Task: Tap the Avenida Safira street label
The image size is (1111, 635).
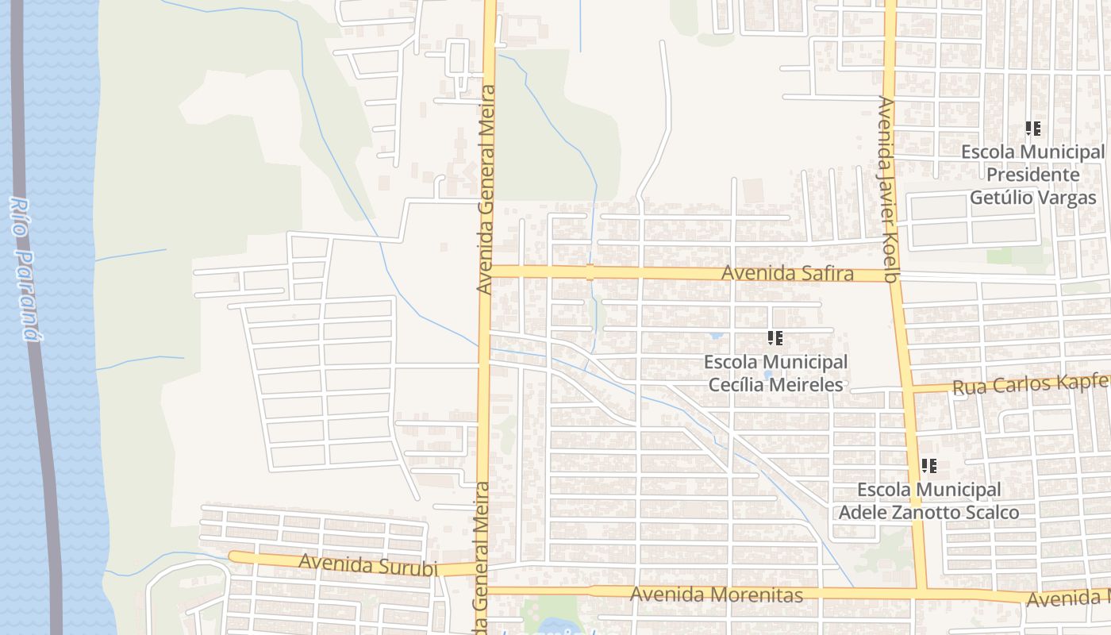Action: (x=787, y=274)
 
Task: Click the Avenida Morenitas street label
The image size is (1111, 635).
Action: (x=716, y=595)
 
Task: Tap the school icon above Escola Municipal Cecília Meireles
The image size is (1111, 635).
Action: (x=775, y=339)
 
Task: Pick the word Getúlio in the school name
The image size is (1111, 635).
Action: (x=1003, y=198)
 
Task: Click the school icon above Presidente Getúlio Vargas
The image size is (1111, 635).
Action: (x=1032, y=128)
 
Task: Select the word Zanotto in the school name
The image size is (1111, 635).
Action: (x=926, y=512)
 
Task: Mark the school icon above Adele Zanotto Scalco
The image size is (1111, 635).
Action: (x=929, y=466)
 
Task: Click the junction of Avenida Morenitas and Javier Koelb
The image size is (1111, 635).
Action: (x=921, y=593)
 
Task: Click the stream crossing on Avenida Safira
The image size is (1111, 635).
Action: (x=590, y=272)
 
